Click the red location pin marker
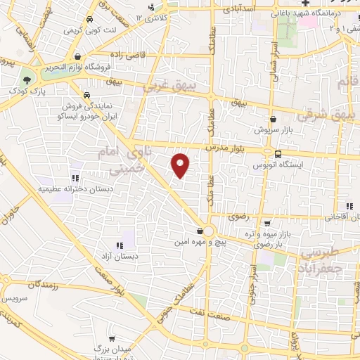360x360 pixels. pos(181,165)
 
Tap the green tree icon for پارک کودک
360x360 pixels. pos(27,79)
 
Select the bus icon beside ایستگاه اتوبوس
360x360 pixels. pos(278,155)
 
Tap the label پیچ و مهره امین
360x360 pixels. pos(200,240)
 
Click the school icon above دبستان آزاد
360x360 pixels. pos(120,245)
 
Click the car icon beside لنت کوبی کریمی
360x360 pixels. pos(89,20)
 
